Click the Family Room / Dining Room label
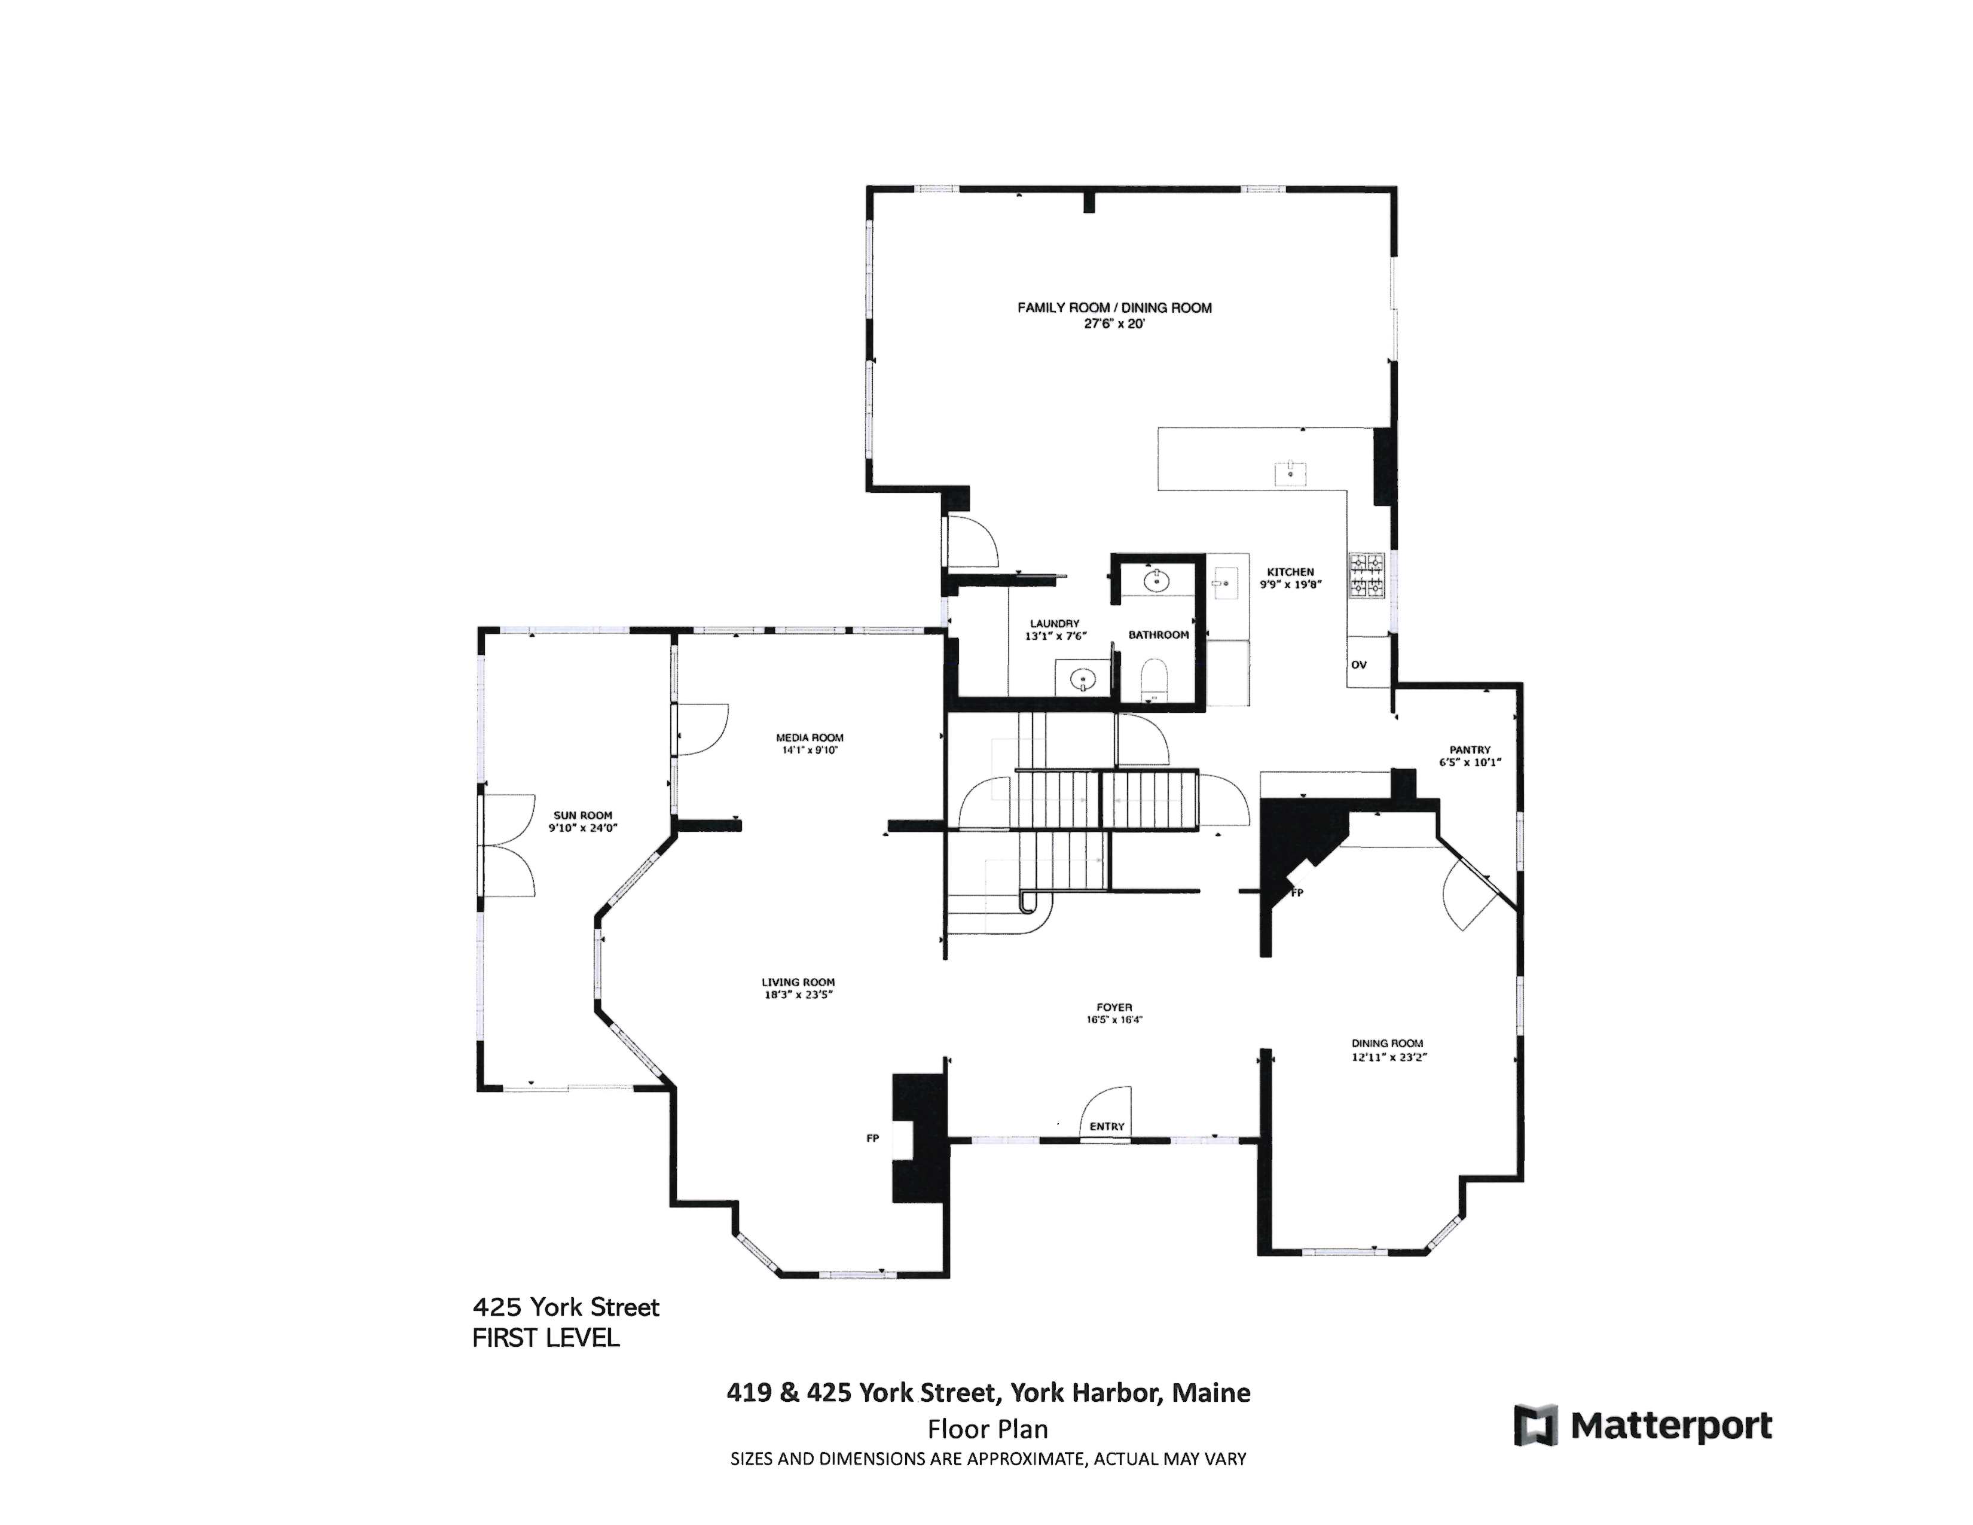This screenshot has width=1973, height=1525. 1114,308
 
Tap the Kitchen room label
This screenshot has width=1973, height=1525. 1290,572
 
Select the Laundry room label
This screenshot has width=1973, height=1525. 1054,623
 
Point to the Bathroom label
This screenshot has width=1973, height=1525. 1158,635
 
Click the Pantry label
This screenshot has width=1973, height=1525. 1470,750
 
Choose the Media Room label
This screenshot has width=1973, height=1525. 810,737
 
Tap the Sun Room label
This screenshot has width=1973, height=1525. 583,815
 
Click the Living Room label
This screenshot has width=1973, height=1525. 798,982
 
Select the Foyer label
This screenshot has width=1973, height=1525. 1114,1007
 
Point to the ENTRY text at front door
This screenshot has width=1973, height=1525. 1107,1127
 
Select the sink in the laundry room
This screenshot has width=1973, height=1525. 1082,679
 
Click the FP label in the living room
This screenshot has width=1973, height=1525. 872,1138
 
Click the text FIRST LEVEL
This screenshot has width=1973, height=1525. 546,1338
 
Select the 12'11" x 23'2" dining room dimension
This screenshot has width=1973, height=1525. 1388,1056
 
